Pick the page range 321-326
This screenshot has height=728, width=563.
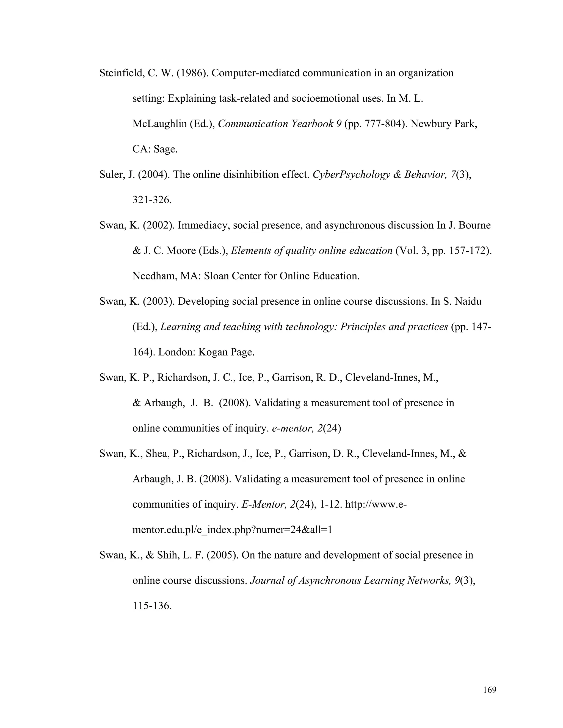coord(151,200)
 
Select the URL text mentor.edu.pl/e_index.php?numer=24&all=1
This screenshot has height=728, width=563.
coord(232,530)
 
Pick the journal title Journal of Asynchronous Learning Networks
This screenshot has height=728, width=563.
coord(350,581)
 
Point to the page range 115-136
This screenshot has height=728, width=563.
coord(151,606)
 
